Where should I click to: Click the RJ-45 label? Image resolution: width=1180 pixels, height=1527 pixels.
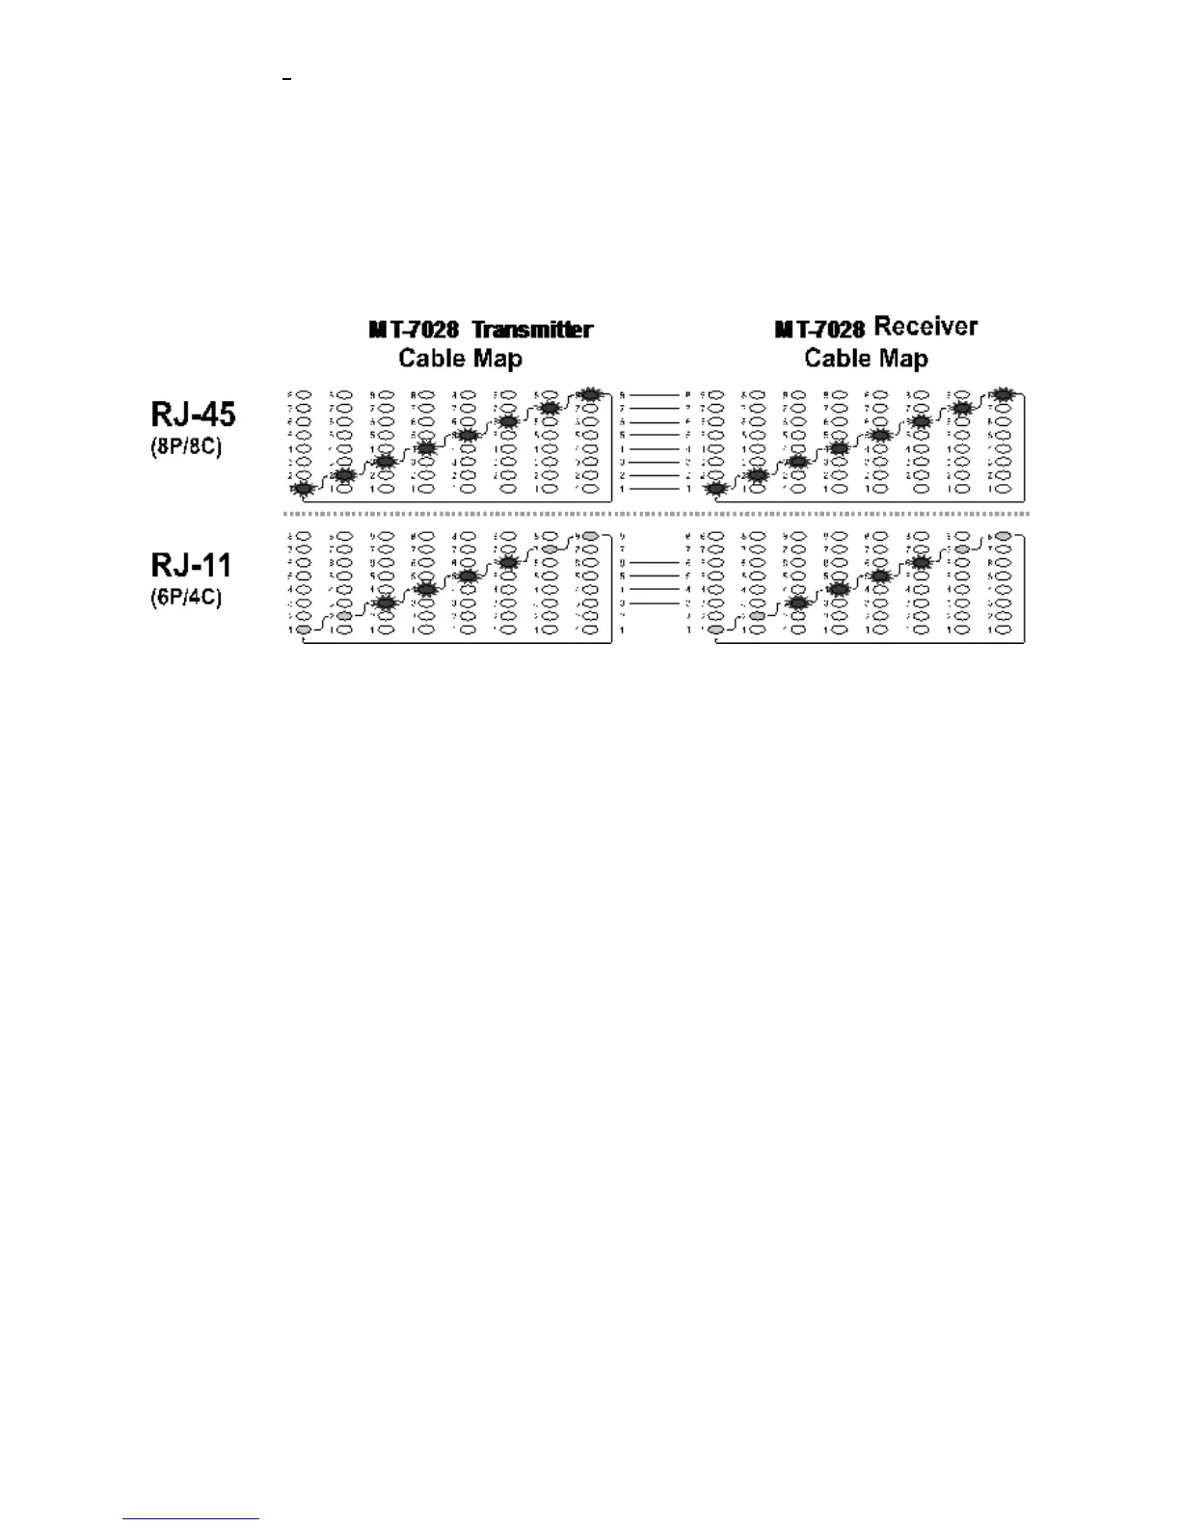coord(193,415)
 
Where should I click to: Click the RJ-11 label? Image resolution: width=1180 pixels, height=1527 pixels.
coord(191,564)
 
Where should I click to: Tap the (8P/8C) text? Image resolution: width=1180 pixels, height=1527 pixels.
coord(187,448)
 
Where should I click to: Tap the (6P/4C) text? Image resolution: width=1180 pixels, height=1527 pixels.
coord(187,598)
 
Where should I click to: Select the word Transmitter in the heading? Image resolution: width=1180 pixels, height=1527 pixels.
coord(532,330)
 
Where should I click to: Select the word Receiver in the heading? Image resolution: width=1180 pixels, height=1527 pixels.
coord(925,327)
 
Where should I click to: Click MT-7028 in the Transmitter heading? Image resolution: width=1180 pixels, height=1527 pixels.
coord(414,330)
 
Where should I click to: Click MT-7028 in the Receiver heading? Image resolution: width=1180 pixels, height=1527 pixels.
coord(819,330)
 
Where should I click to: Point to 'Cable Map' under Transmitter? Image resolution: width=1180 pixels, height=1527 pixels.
coord(460,359)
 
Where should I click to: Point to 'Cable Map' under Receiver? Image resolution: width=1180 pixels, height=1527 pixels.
coord(866,359)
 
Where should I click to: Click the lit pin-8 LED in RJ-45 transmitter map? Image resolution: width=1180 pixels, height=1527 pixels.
coord(590,394)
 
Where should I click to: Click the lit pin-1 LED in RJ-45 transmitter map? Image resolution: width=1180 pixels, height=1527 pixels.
coord(304,489)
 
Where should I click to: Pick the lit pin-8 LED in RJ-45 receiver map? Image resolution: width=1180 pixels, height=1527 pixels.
coord(1004,394)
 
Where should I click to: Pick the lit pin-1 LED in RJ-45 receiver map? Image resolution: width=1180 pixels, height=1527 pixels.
coord(714,489)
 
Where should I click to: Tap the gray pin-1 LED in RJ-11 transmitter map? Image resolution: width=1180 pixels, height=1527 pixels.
coord(304,630)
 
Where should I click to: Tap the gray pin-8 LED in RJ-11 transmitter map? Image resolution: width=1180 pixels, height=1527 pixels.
coord(590,535)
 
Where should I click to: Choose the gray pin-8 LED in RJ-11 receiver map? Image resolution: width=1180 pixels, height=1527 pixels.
coord(1004,535)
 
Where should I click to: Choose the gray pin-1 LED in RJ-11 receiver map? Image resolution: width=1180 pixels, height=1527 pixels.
coord(714,630)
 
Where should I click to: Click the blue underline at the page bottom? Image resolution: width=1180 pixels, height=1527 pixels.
coord(191,1519)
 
